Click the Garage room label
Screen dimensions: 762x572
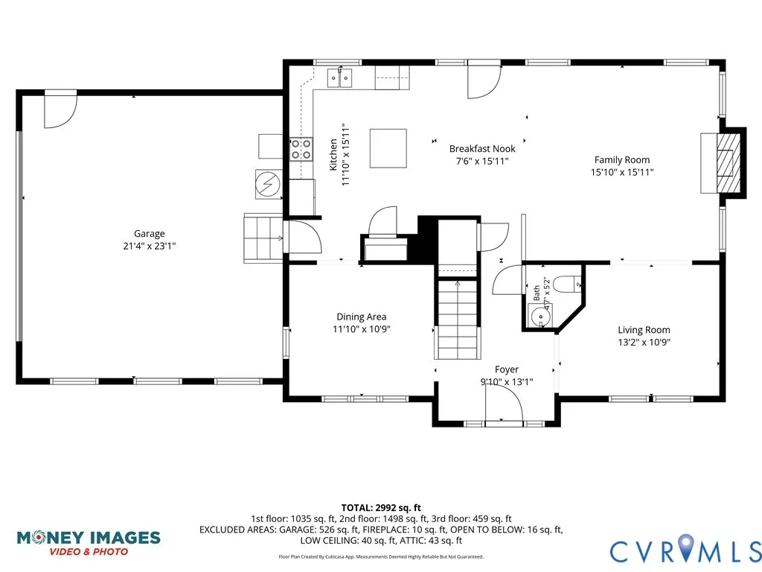(149, 233)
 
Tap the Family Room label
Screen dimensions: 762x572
(622, 160)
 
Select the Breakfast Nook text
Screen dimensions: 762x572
(482, 149)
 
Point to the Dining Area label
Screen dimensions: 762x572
(362, 317)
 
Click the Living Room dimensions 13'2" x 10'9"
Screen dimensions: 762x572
(644, 343)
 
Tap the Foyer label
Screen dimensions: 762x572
(506, 369)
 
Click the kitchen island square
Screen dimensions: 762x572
(388, 148)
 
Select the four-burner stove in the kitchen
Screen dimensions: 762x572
(301, 149)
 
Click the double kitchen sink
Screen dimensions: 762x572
(339, 77)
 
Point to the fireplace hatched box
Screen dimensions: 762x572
(729, 163)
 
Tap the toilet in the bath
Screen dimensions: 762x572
(566, 285)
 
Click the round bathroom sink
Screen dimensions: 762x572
(540, 317)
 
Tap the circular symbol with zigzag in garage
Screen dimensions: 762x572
(268, 184)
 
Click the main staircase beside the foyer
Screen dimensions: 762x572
(458, 319)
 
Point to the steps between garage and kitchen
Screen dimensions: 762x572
(263, 238)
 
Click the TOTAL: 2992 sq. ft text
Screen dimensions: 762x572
(381, 508)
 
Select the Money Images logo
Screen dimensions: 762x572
(89, 543)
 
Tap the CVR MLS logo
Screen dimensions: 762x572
(685, 549)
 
